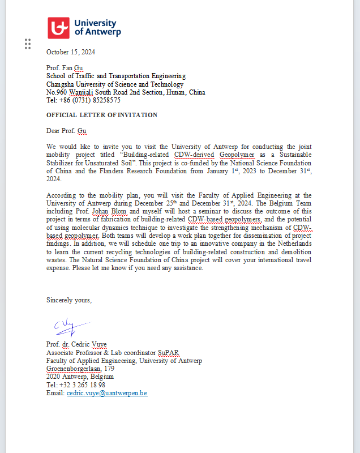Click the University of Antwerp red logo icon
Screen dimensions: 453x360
(58, 28)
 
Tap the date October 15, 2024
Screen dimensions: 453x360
(71, 52)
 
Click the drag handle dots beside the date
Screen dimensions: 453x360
(28, 44)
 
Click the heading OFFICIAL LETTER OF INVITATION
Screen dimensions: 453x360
(102, 115)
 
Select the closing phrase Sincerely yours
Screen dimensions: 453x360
(68, 300)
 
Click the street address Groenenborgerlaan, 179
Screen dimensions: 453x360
(80, 369)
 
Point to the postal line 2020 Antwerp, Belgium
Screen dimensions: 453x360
(80, 377)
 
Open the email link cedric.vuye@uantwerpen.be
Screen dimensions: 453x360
(107, 393)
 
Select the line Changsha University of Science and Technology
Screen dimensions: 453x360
(115, 84)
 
